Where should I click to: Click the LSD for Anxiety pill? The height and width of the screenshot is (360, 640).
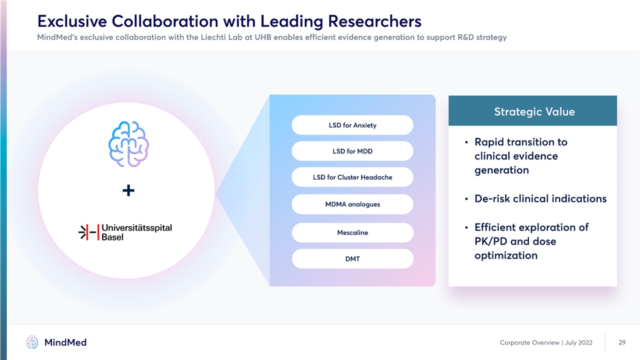352,125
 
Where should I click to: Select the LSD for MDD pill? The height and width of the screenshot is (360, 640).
352,151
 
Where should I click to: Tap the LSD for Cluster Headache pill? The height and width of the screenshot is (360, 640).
352,177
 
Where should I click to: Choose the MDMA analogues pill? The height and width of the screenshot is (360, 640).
352,204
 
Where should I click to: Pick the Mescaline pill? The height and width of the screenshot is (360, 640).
352,232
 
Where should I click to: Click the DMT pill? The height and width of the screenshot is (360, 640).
352,258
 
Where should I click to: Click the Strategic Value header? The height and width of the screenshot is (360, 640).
532,111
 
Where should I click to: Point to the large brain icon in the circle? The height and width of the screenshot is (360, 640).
128,144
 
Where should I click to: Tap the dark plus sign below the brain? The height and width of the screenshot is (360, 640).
128,190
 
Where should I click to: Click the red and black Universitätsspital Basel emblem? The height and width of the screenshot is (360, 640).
89,232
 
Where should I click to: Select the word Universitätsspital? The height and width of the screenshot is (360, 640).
137,227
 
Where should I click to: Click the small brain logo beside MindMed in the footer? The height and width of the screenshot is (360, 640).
32,342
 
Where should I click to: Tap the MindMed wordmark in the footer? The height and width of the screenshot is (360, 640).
65,342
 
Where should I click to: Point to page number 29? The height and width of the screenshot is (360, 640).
622,342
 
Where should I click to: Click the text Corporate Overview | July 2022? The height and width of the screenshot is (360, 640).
546,342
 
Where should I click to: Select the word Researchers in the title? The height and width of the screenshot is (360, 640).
374,21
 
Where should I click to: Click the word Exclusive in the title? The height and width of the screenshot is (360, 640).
72,21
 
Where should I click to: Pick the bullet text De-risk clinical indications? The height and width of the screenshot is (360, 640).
540,198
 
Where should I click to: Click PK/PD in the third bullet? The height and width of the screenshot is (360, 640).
491,241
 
